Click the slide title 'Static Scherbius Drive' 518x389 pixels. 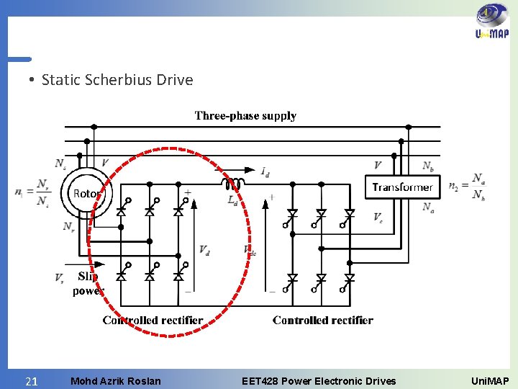click(117, 79)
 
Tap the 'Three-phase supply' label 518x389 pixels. click(245, 115)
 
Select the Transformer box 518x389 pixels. click(402, 187)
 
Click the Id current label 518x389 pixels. click(265, 171)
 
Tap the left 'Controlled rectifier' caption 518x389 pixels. click(153, 320)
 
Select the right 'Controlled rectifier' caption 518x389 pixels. click(323, 320)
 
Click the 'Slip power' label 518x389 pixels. click(88, 284)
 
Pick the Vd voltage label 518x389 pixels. click(206, 249)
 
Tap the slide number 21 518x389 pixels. click(31, 381)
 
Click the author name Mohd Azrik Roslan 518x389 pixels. click(116, 381)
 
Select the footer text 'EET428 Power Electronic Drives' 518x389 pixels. click(319, 381)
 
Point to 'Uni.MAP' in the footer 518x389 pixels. click(489, 381)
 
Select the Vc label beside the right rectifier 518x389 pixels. click(378, 217)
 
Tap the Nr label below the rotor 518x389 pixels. click(68, 226)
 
